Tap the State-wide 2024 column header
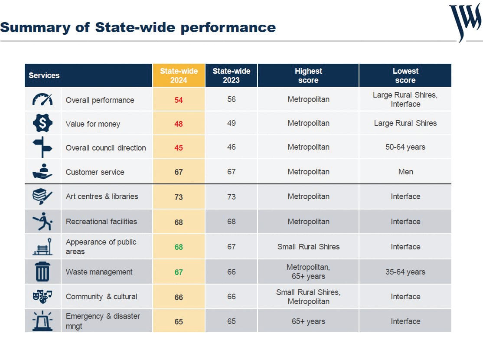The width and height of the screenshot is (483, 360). click(179, 75)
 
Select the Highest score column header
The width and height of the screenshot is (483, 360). click(308, 75)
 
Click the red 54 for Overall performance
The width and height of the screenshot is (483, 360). click(179, 100)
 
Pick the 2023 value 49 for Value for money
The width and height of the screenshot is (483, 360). click(232, 123)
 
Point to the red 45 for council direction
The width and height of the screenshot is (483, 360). click(179, 148)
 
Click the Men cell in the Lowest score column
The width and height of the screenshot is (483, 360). click(405, 172)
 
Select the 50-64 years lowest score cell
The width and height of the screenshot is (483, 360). click(405, 147)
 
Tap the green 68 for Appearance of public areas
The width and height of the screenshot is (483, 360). click(179, 247)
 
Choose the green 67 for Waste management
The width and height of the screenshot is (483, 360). click(179, 272)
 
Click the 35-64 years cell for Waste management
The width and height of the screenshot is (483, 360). click(405, 272)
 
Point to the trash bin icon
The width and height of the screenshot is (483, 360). click(42, 272)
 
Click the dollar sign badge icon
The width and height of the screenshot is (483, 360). click(42, 123)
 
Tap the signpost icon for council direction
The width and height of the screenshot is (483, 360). click(42, 147)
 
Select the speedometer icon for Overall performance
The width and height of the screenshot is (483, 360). click(42, 99)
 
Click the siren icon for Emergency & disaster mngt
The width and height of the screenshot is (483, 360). click(42, 321)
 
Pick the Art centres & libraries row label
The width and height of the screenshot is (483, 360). click(102, 196)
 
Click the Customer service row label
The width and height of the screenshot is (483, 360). click(95, 172)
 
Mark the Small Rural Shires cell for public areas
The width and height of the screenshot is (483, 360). click(308, 246)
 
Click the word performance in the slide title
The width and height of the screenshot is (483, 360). click(228, 28)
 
